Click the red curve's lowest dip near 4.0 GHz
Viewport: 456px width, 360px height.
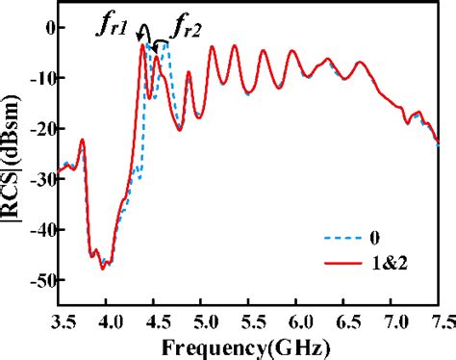pyautogui.click(x=103, y=269)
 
